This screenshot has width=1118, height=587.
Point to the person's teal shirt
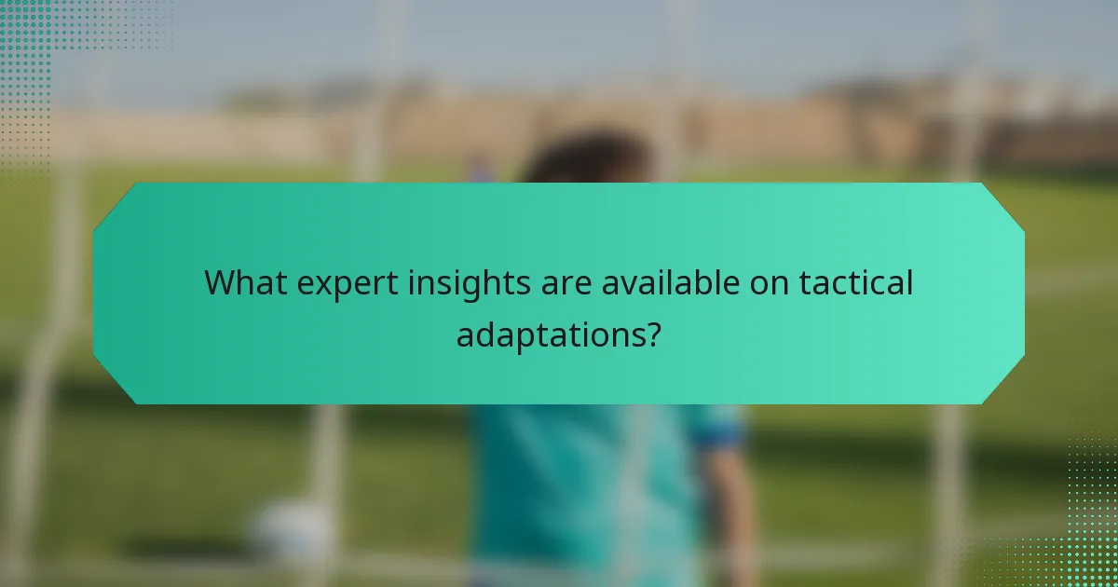click(578, 485)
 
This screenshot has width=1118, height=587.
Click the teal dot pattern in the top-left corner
click(37, 47)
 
